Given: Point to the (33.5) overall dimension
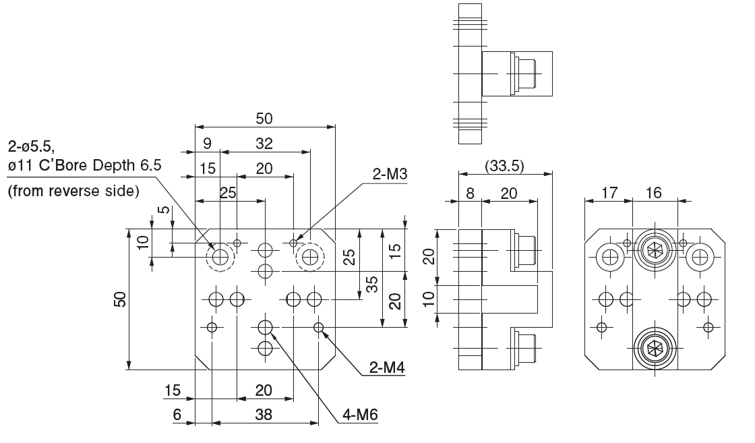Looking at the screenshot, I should click(505, 165).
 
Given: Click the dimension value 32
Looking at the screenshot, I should click(265, 144).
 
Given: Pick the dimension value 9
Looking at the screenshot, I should click(207, 144).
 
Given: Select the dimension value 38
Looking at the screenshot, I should click(264, 415).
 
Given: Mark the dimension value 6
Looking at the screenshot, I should click(177, 415).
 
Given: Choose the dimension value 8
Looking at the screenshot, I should click(470, 194).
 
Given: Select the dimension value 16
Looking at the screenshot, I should click(653, 194).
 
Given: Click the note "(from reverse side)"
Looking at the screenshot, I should click(73, 191).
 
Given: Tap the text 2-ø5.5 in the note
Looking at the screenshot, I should click(34, 146).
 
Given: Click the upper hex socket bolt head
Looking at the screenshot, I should click(653, 252).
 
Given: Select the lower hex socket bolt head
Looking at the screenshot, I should click(653, 348).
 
